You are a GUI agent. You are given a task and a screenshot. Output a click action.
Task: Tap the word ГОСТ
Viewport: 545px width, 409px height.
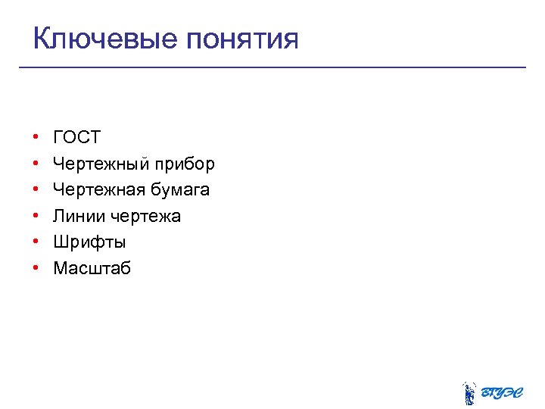click(x=76, y=137)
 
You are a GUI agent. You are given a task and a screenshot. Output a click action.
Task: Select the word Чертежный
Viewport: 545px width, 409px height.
click(x=101, y=164)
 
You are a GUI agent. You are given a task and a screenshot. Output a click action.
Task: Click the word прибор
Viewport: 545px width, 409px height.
click(x=185, y=164)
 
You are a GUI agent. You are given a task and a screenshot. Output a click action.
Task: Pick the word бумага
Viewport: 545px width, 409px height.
click(x=182, y=189)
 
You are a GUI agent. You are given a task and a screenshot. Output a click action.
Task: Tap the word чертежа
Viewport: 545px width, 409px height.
click(x=146, y=216)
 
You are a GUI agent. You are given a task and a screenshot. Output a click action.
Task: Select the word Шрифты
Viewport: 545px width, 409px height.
click(x=89, y=242)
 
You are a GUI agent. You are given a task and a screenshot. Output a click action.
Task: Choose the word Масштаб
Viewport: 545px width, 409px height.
click(x=92, y=268)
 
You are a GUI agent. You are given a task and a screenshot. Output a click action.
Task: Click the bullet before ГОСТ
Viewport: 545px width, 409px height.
click(x=36, y=138)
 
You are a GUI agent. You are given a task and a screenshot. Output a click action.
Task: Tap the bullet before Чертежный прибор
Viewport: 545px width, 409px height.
click(x=36, y=164)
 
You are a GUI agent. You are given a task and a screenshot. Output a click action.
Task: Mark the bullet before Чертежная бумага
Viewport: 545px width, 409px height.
click(x=36, y=190)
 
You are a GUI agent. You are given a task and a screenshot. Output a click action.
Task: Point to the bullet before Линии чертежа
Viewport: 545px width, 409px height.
click(x=36, y=217)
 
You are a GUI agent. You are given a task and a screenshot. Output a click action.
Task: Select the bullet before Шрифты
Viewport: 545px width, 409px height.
click(x=36, y=242)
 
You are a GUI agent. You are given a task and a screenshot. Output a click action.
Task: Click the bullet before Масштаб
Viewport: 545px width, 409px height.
click(x=36, y=269)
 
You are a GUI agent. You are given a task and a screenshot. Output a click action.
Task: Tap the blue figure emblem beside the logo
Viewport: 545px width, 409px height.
click(x=469, y=392)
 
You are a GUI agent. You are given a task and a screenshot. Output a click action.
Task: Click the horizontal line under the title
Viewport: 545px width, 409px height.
click(x=272, y=67)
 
